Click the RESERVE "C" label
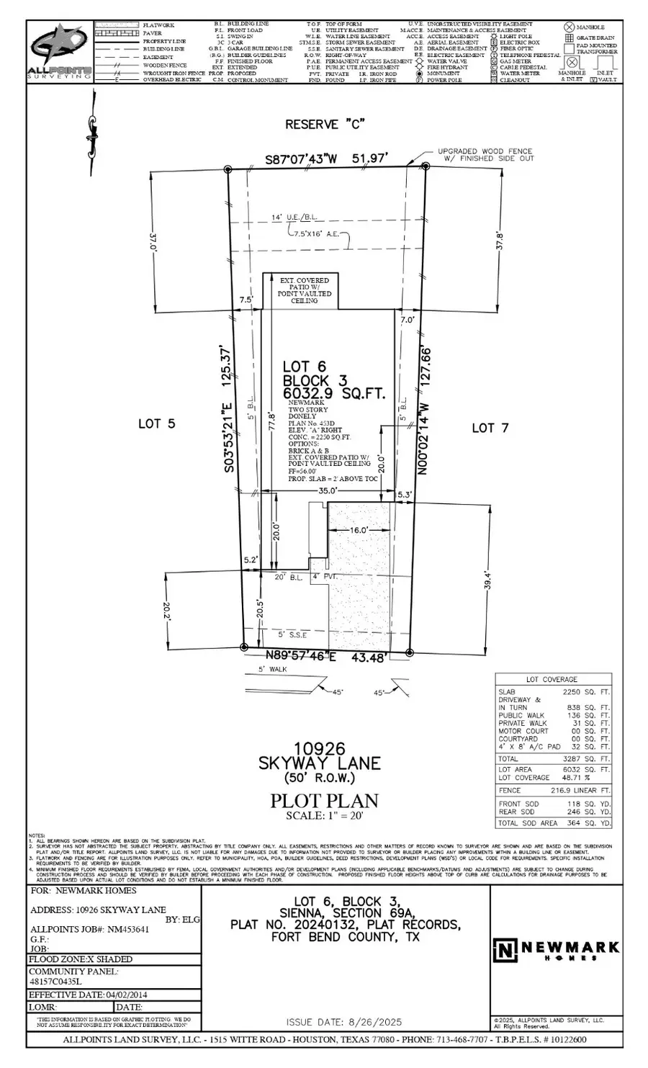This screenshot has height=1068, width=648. [x=322, y=125]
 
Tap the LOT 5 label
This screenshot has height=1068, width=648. [x=156, y=424]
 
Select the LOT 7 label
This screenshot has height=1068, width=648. [x=490, y=428]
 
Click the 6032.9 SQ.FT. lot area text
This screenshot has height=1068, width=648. [x=333, y=394]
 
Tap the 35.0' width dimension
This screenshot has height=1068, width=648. [x=328, y=490]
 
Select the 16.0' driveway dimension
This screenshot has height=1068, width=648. [x=359, y=529]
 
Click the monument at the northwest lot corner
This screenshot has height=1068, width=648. [x=228, y=170]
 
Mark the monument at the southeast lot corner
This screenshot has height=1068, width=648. [x=410, y=652]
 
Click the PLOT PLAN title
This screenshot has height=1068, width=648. [x=324, y=801]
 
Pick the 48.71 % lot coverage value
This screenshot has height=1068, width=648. [x=578, y=778]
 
